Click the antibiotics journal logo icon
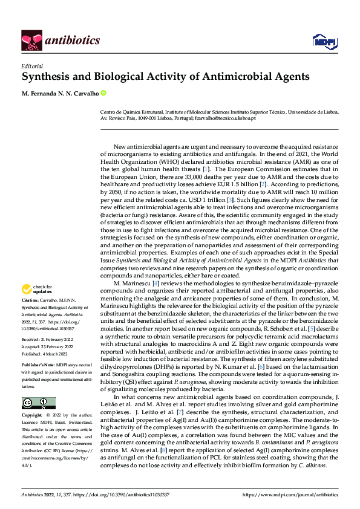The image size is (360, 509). point(31,41)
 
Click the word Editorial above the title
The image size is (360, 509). point(31,66)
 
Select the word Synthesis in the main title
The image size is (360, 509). point(46,77)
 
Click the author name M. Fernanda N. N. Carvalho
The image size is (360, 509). point(61,93)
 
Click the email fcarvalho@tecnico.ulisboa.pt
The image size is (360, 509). point(225,118)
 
